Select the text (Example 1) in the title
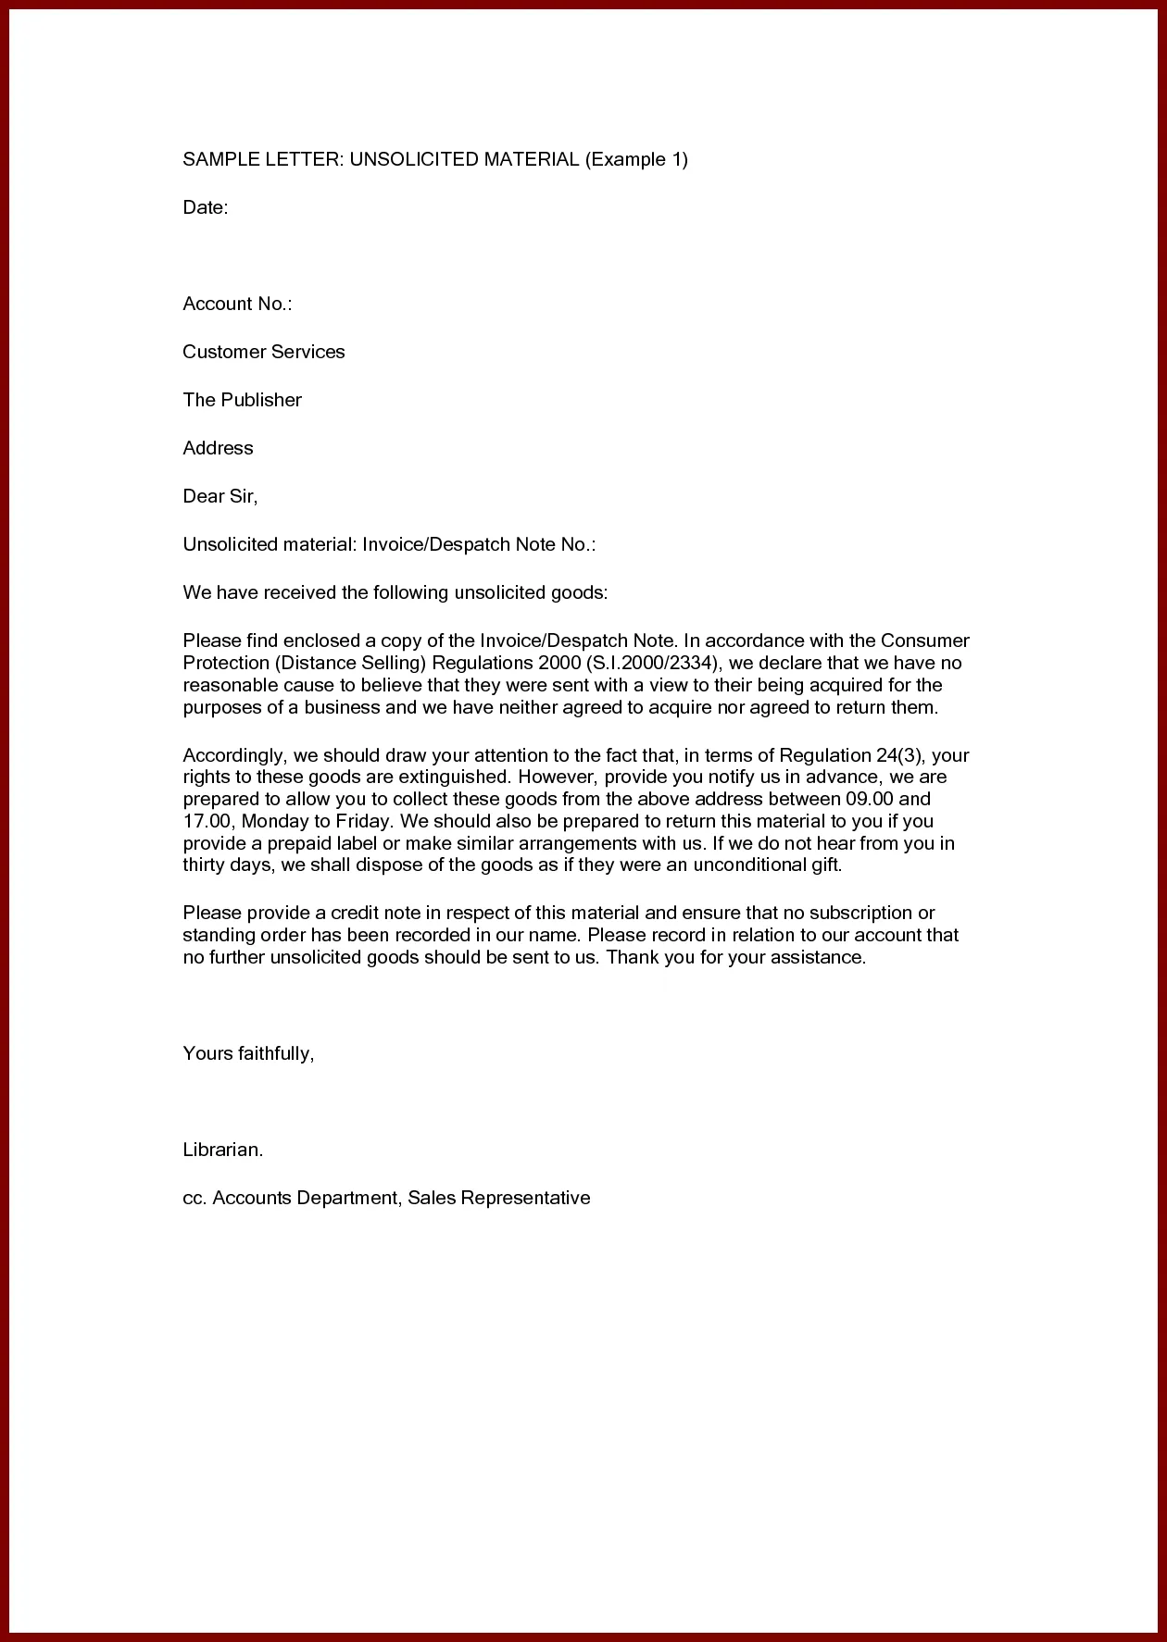(636, 159)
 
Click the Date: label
(206, 207)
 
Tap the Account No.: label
(237, 304)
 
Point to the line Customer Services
(264, 352)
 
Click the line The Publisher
(243, 400)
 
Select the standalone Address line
(218, 448)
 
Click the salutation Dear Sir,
(220, 496)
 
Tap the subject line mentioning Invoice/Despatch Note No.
(389, 544)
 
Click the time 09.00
(870, 799)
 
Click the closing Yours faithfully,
(249, 1053)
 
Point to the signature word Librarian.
(223, 1150)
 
